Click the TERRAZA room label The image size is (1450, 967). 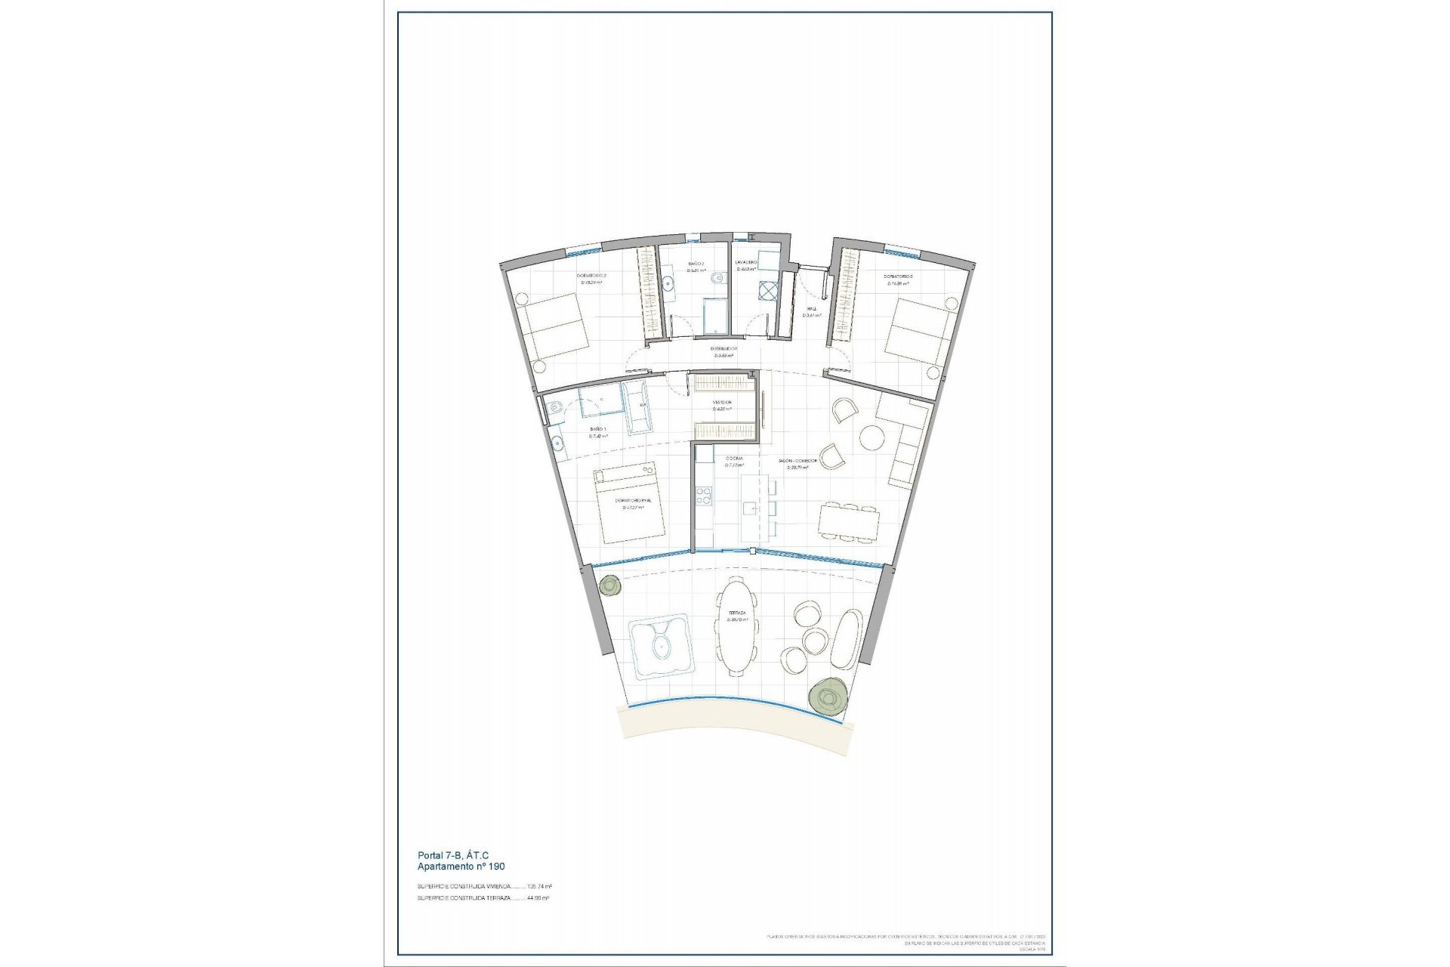[737, 613]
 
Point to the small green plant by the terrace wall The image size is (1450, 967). [609, 585]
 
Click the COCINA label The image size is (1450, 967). [735, 459]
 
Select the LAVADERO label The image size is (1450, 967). [747, 263]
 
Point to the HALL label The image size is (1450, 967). [811, 309]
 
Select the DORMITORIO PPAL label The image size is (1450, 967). [632, 501]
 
